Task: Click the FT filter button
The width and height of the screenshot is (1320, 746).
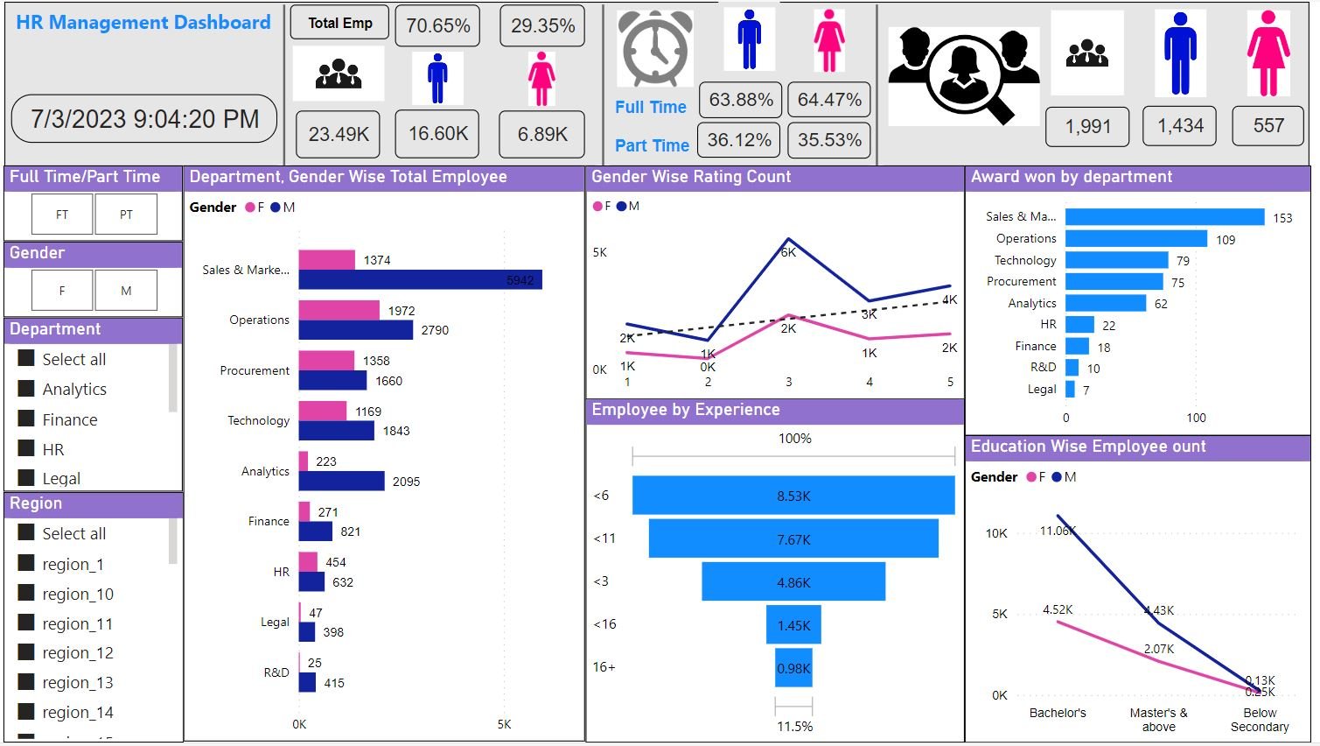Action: (x=62, y=215)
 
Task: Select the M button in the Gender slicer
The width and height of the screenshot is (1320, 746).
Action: (x=126, y=291)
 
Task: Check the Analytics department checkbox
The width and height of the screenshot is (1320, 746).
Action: (x=26, y=389)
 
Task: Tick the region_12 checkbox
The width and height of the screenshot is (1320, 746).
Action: (x=26, y=652)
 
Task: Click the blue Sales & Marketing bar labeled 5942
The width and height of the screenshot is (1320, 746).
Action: (x=420, y=279)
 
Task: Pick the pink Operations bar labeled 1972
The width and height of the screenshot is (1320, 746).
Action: (x=339, y=310)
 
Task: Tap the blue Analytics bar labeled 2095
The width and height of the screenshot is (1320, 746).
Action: (x=341, y=481)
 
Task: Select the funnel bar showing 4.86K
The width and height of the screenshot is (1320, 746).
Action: (x=793, y=582)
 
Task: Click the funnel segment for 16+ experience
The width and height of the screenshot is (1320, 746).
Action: (x=793, y=668)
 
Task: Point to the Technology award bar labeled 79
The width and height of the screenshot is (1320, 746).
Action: (x=1116, y=260)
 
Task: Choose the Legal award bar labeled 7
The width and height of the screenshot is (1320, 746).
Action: (x=1070, y=389)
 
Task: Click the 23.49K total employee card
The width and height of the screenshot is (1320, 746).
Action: (x=338, y=134)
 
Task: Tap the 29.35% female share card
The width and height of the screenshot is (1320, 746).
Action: (x=542, y=25)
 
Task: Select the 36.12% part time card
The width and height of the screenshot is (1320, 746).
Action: (x=740, y=140)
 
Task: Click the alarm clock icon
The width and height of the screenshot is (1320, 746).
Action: (x=654, y=49)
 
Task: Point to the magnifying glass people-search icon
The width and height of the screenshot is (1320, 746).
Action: (x=963, y=75)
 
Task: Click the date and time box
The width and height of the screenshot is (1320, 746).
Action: (x=144, y=118)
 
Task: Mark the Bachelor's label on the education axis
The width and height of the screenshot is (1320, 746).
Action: (x=1058, y=713)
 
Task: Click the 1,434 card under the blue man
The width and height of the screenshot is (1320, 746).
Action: (x=1180, y=126)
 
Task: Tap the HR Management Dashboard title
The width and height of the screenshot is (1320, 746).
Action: (x=143, y=23)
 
